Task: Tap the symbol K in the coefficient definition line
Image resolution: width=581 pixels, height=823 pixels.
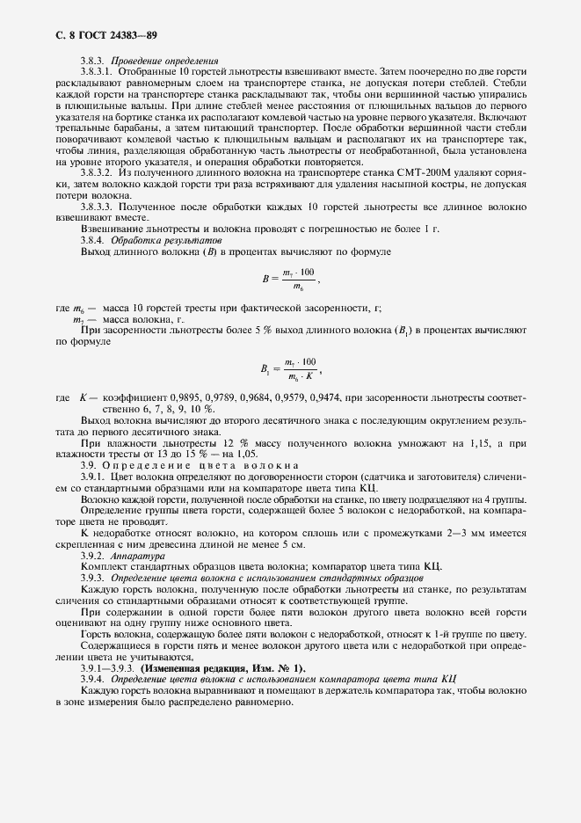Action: (x=83, y=398)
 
